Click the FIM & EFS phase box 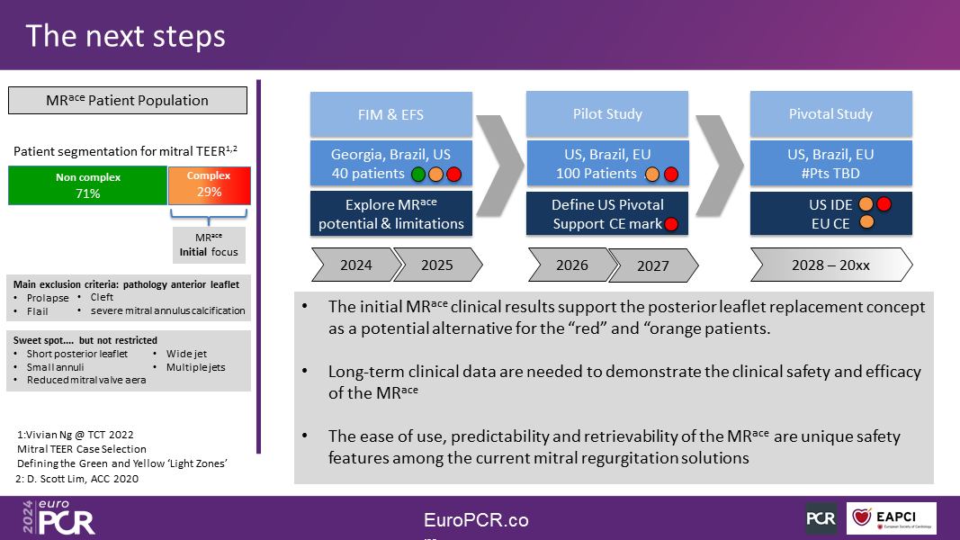click(391, 114)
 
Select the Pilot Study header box click(607, 114)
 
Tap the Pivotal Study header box click(830, 114)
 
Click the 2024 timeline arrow click(357, 265)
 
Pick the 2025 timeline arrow click(437, 265)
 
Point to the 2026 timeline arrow click(573, 265)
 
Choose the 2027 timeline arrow click(652, 265)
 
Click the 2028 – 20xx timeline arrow click(831, 265)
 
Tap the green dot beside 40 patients click(418, 175)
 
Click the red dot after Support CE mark click(671, 224)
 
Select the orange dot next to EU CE click(866, 221)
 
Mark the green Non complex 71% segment click(87, 185)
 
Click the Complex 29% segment click(210, 185)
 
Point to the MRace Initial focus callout click(209, 245)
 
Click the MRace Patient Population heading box click(128, 101)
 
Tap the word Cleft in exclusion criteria click(102, 297)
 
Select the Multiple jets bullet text click(196, 367)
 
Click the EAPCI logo click(892, 518)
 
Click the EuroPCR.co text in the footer click(476, 520)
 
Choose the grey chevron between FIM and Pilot click(499, 166)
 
